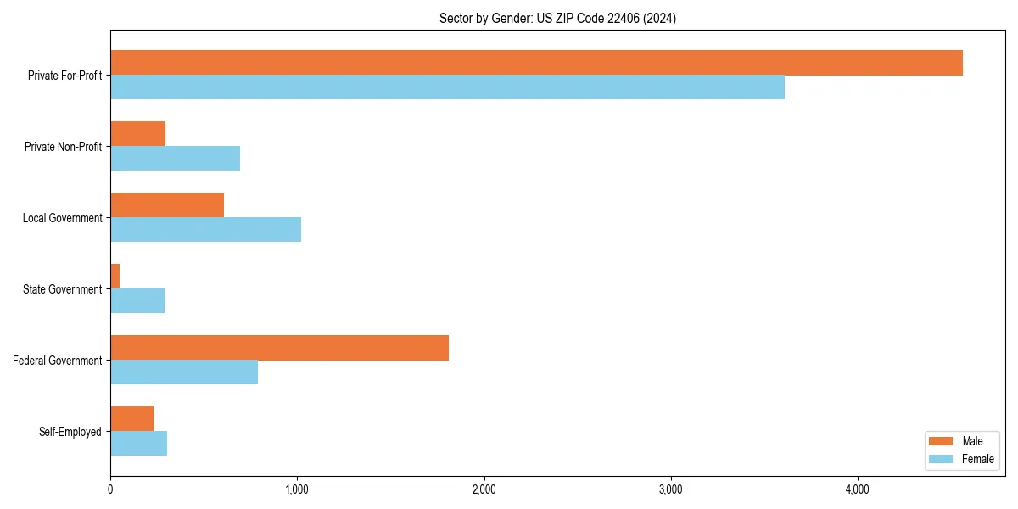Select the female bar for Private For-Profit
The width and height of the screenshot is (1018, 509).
tap(447, 87)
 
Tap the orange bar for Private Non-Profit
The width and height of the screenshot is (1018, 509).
tap(137, 134)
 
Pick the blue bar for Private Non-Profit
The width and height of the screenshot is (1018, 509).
tap(175, 159)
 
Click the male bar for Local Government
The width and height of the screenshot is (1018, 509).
tap(167, 205)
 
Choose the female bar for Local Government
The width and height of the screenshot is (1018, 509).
tap(205, 230)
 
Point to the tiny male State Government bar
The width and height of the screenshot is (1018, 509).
tap(115, 277)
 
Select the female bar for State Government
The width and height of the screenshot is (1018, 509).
tap(137, 301)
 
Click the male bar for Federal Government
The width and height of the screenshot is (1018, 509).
tap(279, 348)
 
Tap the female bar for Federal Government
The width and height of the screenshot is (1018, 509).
tap(184, 372)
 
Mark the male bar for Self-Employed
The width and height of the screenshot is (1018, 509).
tap(132, 419)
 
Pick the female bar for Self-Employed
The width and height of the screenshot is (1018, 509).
tap(138, 444)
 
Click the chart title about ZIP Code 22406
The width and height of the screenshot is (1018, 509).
tap(557, 18)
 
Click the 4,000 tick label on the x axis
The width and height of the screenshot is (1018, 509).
tap(857, 489)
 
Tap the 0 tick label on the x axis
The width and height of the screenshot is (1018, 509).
tap(110, 489)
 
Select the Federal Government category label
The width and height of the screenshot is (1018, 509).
tap(58, 361)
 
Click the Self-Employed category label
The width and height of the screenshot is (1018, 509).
tap(70, 432)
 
